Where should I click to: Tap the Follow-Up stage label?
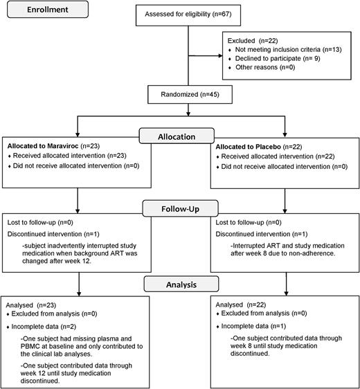181,206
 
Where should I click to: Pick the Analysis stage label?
180,283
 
